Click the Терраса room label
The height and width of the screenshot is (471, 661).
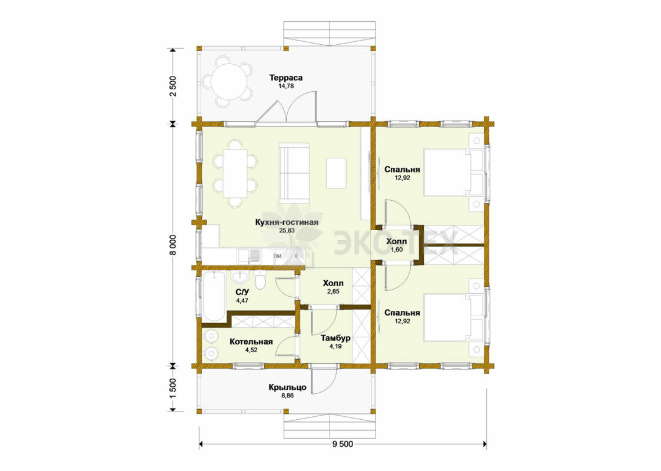286,78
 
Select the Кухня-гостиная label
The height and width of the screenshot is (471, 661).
286,222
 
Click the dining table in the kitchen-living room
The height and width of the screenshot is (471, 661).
235,173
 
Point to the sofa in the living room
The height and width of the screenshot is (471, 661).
294,173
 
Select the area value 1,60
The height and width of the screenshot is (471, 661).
397,250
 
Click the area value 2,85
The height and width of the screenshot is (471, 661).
333,291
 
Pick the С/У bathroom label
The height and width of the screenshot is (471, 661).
243,292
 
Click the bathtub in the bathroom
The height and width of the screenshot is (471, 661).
214,296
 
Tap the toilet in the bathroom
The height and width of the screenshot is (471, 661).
260,279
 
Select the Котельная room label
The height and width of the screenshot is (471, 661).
251,342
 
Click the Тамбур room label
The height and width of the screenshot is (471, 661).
336,339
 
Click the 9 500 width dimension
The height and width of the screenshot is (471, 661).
343,444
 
